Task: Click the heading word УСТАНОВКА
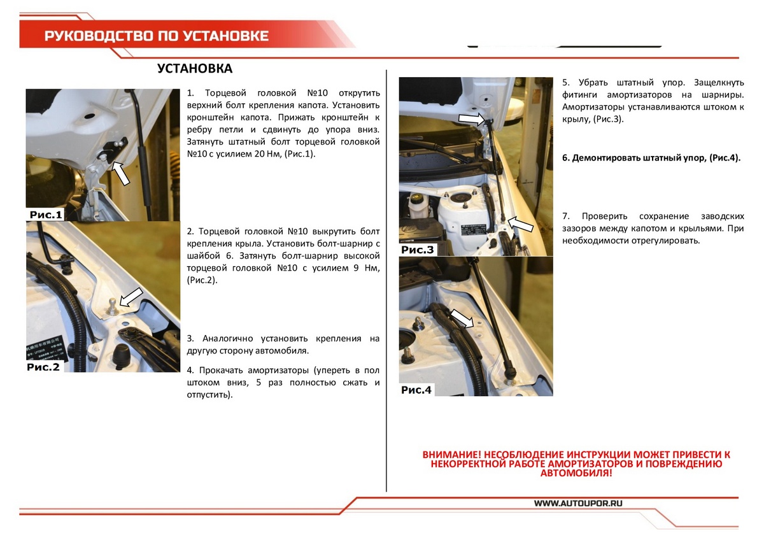point(195,69)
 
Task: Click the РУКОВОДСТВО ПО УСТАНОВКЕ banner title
point(156,36)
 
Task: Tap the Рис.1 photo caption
point(45,215)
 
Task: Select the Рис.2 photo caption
point(44,367)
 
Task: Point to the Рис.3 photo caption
point(418,250)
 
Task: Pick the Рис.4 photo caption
point(416,390)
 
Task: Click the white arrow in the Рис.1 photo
point(120,172)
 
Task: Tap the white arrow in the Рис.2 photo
point(131,296)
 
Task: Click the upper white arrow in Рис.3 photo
point(471,119)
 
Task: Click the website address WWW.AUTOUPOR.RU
point(577,503)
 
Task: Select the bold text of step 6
point(651,157)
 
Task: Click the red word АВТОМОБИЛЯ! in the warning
point(576,473)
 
